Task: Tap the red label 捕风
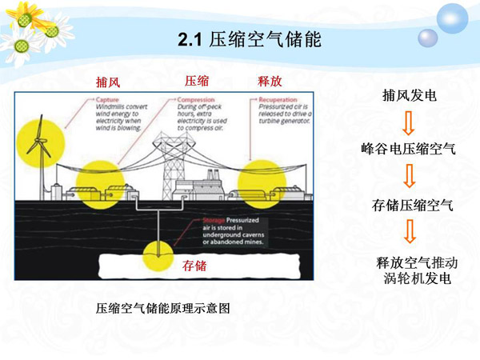click(x=107, y=82)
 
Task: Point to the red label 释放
click(x=270, y=81)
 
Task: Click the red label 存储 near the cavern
click(x=195, y=265)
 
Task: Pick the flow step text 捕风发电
click(x=410, y=96)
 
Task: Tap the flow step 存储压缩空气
click(x=413, y=204)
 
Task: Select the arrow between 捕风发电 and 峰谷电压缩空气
click(x=409, y=123)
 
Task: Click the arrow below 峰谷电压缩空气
click(x=409, y=176)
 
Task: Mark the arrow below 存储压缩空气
click(x=409, y=232)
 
